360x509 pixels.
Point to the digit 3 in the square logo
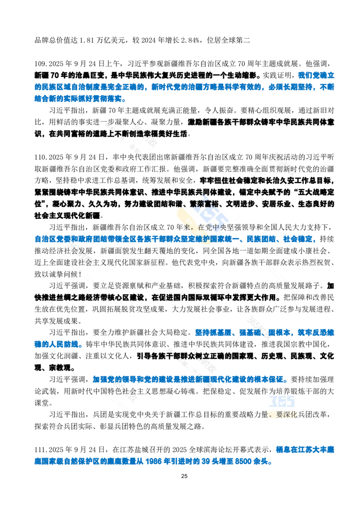(x=273, y=402)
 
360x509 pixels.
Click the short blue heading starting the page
(x=317, y=74)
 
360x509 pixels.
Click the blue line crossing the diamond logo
(x=175, y=240)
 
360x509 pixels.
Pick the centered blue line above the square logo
(x=189, y=379)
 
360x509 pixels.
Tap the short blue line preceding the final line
(x=305, y=448)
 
